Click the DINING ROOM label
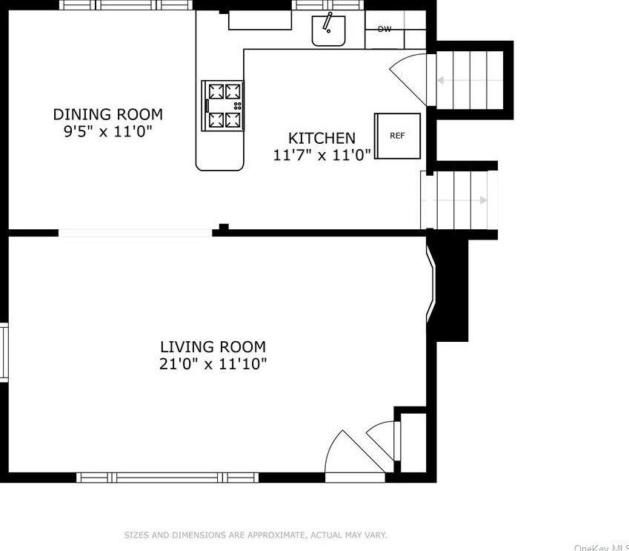pyautogui.click(x=107, y=115)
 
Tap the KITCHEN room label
pyautogui.click(x=322, y=138)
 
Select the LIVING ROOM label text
pyautogui.click(x=213, y=347)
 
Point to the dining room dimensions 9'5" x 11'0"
pyautogui.click(x=107, y=133)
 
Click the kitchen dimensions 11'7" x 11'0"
pyautogui.click(x=322, y=155)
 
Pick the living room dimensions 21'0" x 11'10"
pyautogui.click(x=213, y=364)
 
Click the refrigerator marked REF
pyautogui.click(x=398, y=136)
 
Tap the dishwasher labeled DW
pyautogui.click(x=385, y=30)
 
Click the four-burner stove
pyautogui.click(x=224, y=105)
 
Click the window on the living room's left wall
pyautogui.click(x=4, y=352)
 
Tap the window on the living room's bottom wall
pyautogui.click(x=168, y=477)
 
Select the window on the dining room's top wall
pyautogui.click(x=126, y=5)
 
